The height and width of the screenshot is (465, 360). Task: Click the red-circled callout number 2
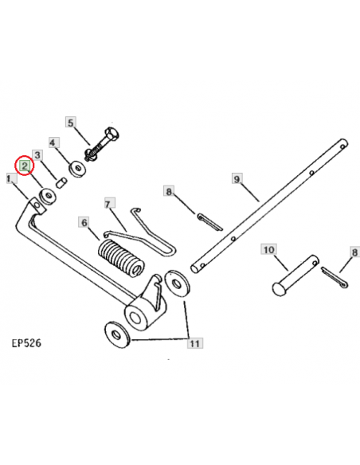[25, 166]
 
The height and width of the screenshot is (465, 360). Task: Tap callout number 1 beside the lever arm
[9, 181]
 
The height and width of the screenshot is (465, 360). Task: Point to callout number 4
[53, 143]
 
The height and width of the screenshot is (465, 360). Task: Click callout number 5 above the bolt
[70, 123]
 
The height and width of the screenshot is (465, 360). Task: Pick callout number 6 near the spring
[83, 224]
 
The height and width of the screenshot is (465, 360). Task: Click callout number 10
[268, 251]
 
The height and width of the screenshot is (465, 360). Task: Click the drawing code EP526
[26, 344]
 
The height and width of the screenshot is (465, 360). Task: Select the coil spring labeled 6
[119, 257]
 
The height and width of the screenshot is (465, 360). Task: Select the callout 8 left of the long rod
[168, 191]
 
